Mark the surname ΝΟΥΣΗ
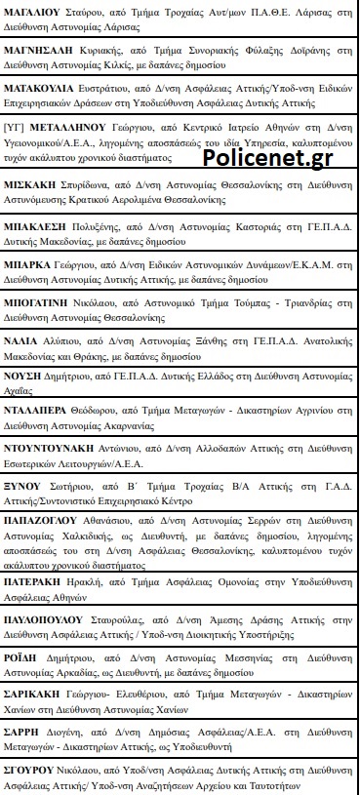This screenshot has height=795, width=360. click(x=25, y=400)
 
